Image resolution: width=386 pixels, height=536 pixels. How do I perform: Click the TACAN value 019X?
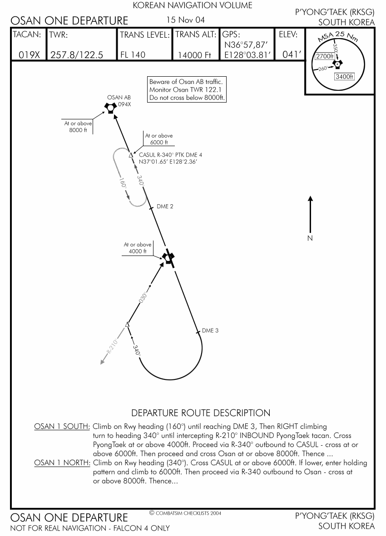29,55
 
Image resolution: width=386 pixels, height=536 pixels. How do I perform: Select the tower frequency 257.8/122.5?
77,55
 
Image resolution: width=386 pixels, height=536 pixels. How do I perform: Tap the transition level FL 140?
133,55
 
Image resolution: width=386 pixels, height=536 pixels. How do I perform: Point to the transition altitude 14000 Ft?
194,55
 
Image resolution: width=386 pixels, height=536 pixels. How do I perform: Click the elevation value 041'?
292,54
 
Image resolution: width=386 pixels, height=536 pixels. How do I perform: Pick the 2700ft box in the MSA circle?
325,57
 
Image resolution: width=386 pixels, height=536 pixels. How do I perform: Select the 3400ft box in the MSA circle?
344,77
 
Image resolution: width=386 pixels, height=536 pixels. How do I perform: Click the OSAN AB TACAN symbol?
110,108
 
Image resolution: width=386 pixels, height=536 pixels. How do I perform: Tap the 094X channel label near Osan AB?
124,104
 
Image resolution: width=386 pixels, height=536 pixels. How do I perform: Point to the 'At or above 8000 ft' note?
78,127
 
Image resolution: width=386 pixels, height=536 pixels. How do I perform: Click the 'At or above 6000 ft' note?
159,139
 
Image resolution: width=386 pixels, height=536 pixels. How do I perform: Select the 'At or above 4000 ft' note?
138,248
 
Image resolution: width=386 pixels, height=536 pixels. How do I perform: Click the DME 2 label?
165,207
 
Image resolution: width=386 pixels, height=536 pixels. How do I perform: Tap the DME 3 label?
210,330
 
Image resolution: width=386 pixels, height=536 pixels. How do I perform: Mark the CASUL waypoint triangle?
131,155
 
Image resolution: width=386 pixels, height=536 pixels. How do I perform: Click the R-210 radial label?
112,346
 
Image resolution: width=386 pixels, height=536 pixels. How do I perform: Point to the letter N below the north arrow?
310,238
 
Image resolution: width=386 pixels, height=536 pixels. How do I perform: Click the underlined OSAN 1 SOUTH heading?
62,427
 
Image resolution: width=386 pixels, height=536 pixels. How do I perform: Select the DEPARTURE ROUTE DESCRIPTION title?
201,413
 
